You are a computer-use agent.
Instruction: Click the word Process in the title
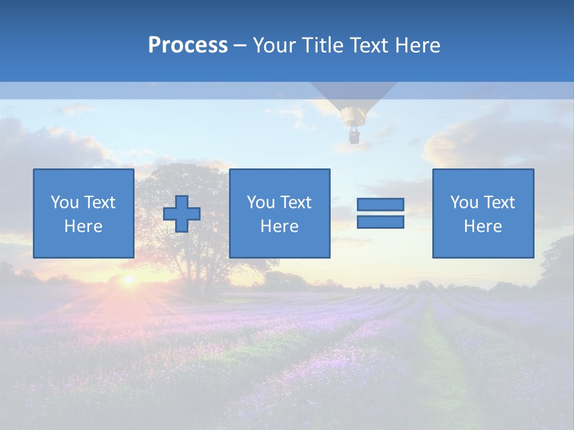click(188, 45)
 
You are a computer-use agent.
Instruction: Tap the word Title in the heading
click(320, 45)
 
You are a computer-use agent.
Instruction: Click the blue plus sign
click(182, 214)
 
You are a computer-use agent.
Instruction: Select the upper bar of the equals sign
click(380, 204)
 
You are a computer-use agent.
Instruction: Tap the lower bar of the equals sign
click(380, 222)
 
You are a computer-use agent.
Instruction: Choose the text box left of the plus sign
click(83, 213)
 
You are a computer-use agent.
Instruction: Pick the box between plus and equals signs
click(279, 213)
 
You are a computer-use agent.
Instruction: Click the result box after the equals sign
click(483, 213)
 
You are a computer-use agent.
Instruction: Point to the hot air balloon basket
click(354, 137)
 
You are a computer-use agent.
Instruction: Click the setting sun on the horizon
click(128, 279)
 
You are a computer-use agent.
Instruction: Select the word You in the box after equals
click(464, 202)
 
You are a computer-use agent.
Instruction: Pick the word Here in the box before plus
click(83, 226)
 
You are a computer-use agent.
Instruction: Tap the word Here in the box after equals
click(483, 226)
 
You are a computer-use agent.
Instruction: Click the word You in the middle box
click(261, 202)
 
